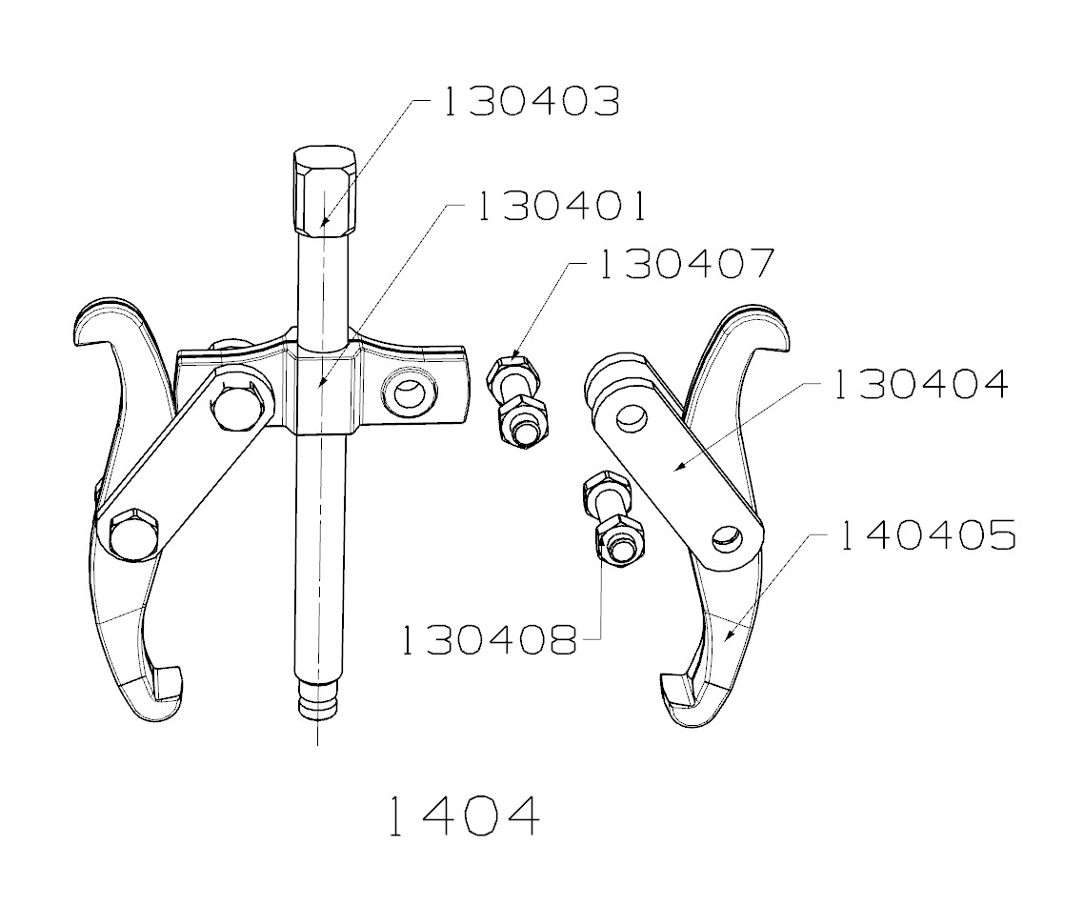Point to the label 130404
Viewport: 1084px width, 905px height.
point(919,384)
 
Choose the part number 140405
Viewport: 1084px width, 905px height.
point(927,536)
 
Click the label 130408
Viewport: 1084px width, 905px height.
point(488,640)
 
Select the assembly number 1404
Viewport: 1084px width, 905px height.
point(465,816)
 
